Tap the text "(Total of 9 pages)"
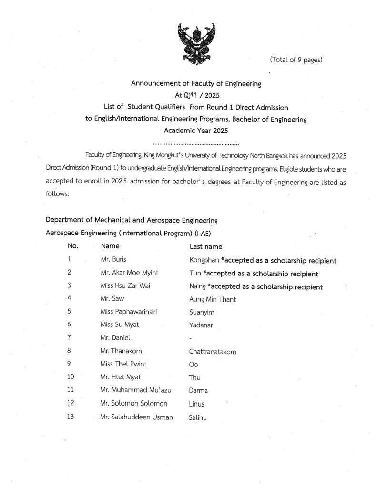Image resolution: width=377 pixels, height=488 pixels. point(296,60)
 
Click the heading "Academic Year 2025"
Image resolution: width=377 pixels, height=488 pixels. point(196,130)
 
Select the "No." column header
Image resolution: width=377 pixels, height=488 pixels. point(73,246)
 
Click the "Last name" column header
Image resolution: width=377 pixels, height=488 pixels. point(206,247)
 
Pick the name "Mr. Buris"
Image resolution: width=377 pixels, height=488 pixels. point(113,260)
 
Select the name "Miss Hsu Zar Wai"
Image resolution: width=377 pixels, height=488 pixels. point(124,286)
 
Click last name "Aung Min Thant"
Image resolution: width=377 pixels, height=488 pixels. point(213,299)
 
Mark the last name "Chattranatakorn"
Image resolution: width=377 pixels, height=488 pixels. point(213,352)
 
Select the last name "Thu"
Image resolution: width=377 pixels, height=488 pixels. point(195,378)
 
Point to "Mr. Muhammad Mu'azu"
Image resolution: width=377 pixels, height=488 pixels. point(136,390)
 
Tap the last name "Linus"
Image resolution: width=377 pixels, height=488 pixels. point(196,404)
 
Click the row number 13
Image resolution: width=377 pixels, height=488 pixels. point(71,417)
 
